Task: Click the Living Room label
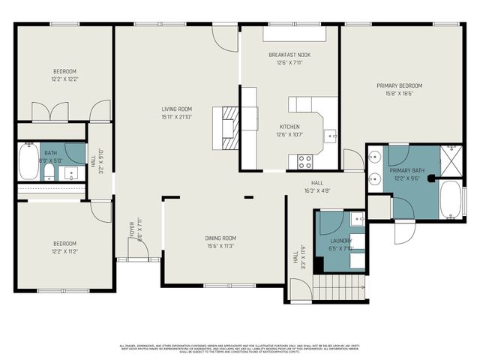(176, 109)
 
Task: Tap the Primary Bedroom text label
(399, 85)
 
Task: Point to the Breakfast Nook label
(289, 55)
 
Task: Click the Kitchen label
(289, 127)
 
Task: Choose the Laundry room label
(340, 241)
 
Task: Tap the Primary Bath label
(407, 171)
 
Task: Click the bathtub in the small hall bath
(28, 162)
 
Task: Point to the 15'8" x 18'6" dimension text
(399, 93)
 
